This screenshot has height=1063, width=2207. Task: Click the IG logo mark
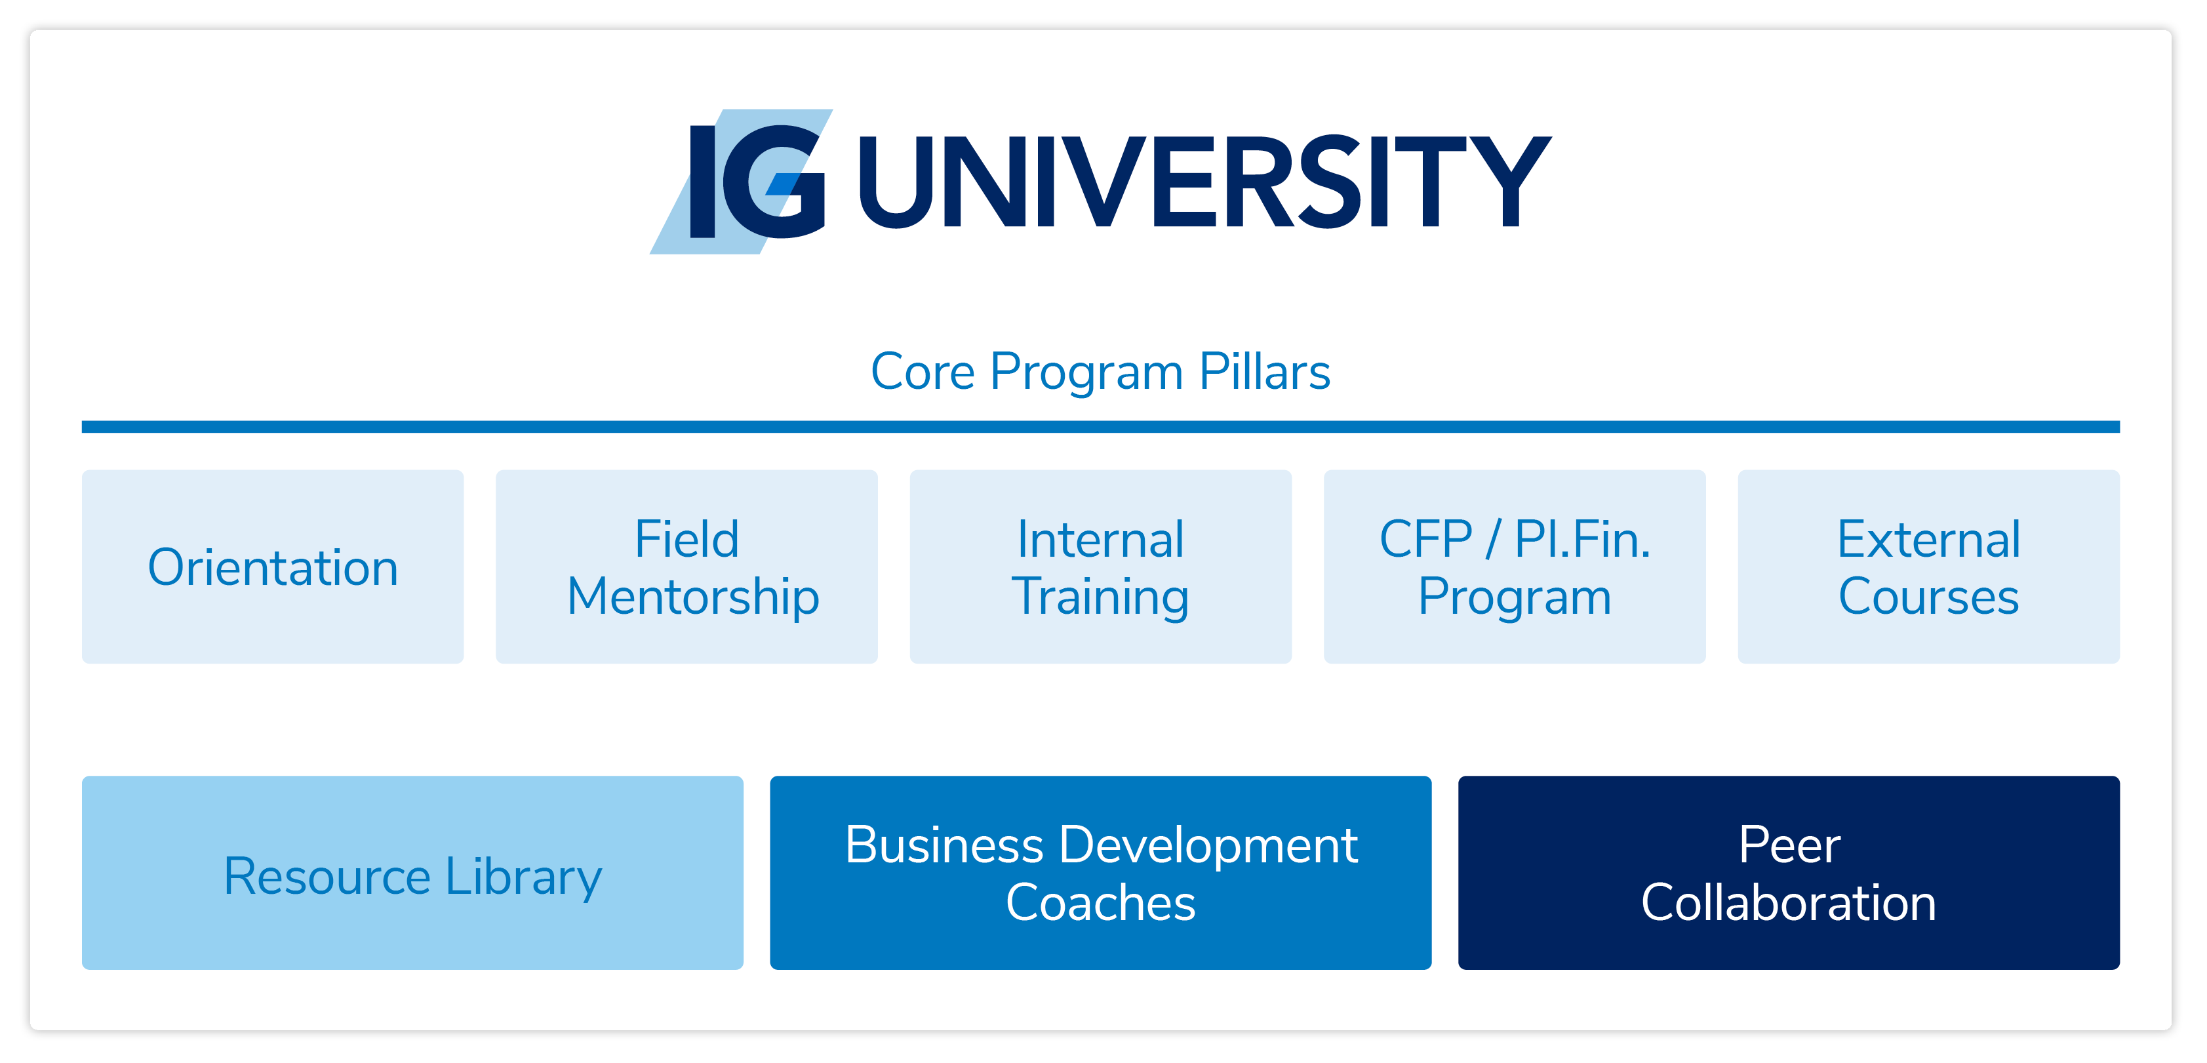740,182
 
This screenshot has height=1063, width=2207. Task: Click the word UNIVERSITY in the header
1204,182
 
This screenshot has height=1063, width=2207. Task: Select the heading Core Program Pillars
1100,372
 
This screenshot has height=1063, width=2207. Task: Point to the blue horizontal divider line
1100,426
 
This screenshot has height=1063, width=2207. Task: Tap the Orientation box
273,566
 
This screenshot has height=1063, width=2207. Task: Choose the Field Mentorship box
687,566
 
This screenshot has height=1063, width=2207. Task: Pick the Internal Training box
1101,566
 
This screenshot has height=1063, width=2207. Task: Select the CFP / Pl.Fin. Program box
1515,566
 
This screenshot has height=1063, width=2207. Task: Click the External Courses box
1928,566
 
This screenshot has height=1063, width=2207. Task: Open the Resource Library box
413,873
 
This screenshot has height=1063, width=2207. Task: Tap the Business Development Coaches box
1101,873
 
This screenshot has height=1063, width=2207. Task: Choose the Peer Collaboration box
1789,873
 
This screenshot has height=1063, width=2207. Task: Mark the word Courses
1928,596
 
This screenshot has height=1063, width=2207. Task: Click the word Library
523,878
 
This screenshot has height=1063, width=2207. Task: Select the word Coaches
1100,903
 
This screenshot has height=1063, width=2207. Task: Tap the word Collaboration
1789,903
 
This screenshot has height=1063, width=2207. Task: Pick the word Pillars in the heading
1265,372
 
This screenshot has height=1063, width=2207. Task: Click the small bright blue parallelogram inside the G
782,184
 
